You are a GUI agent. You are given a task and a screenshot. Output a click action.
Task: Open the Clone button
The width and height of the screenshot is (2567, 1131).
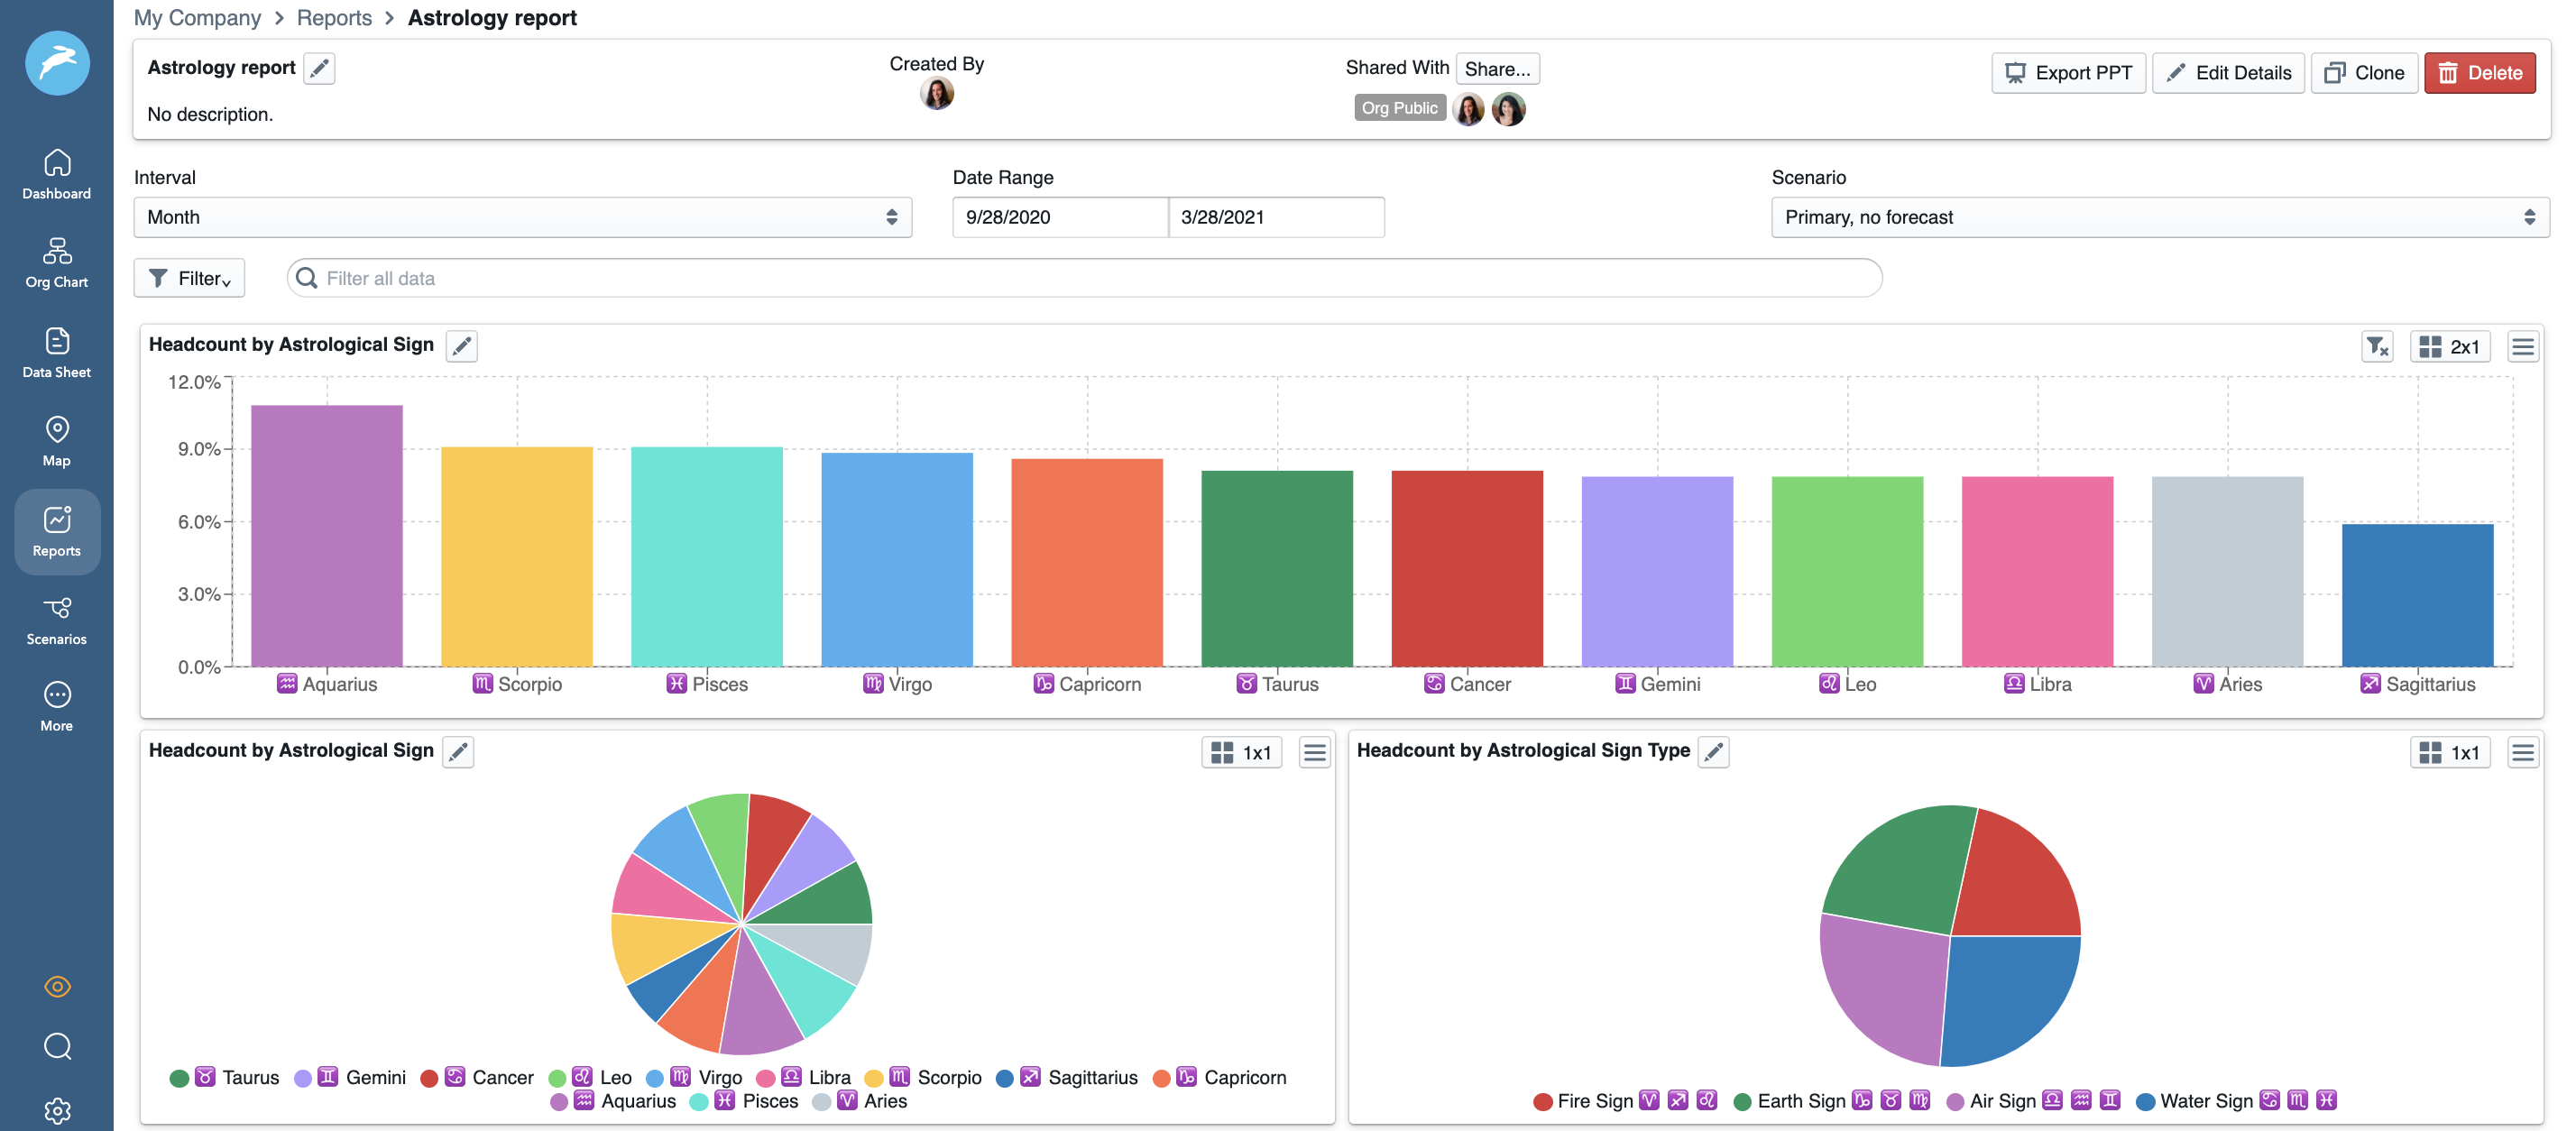[x=2364, y=73]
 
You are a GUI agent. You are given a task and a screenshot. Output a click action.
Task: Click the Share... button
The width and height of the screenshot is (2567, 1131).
[x=1496, y=69]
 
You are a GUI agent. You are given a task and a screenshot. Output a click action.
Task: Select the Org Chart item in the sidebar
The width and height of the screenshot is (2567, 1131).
[x=57, y=262]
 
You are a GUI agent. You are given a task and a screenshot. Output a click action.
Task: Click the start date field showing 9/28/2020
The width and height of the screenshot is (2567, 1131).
[x=1058, y=217]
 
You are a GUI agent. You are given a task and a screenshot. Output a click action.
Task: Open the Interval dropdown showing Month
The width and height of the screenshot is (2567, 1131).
[x=522, y=217]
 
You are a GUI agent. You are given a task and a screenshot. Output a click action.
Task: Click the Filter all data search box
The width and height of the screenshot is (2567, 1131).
[x=1084, y=278]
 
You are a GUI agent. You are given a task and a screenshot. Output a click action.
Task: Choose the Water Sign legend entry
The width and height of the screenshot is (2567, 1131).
[x=2204, y=1100]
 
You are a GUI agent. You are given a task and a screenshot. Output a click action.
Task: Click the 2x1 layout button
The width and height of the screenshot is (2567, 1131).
[x=2450, y=346]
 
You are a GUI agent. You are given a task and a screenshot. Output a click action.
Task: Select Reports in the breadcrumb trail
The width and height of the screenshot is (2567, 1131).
[x=334, y=18]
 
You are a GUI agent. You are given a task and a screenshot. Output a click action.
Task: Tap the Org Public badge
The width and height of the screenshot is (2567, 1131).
[x=1399, y=107]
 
